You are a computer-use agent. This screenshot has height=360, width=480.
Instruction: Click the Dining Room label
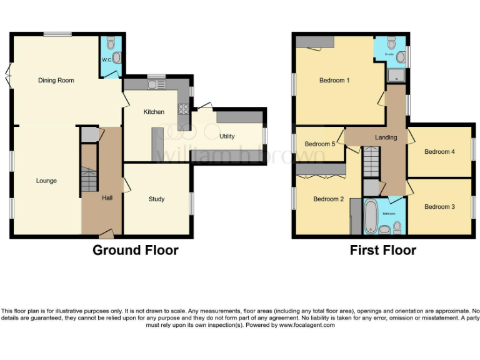point(56,80)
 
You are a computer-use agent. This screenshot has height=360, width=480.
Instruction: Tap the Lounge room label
point(46,181)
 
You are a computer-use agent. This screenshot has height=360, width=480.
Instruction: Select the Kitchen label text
point(154,112)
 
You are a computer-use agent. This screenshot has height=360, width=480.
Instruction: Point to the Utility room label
point(227,136)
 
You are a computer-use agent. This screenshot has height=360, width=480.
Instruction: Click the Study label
point(156,199)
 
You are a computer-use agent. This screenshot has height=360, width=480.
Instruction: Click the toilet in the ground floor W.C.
point(111,43)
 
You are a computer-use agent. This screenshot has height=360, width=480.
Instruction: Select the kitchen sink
point(152,84)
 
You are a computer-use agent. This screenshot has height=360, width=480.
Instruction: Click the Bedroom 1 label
point(334,80)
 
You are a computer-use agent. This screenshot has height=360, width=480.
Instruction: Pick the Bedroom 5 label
point(320,144)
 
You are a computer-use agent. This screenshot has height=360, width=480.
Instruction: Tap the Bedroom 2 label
point(329,199)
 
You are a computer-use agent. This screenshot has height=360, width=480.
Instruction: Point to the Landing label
point(386,137)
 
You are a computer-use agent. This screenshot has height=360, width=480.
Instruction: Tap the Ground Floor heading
point(136,251)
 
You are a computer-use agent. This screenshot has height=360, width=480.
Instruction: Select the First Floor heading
point(384,251)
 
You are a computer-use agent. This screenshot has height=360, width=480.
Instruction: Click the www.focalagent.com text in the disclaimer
point(307,325)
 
